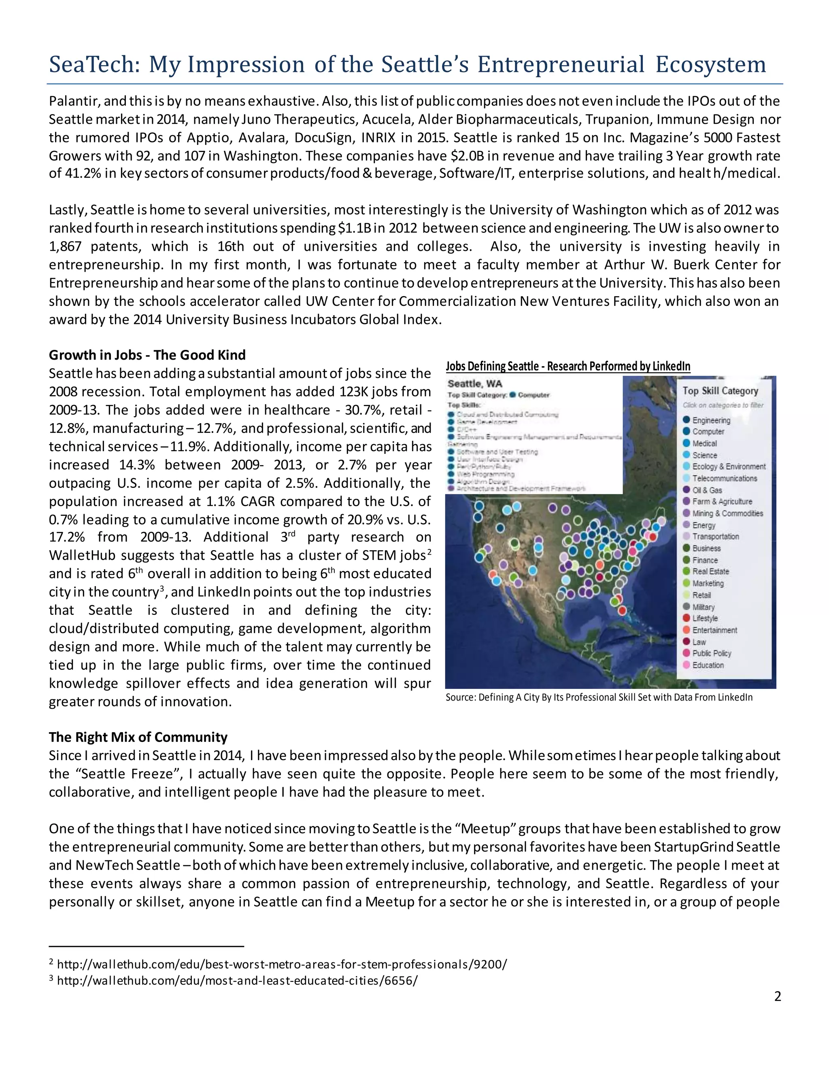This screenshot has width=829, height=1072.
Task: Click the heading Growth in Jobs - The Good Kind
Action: tap(147, 355)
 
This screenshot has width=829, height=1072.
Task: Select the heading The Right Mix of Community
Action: tap(138, 737)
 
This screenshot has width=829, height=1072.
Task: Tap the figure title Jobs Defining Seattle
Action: tap(568, 366)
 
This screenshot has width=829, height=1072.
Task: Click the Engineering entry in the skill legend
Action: tap(711, 420)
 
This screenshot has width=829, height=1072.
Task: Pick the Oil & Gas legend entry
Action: tap(707, 490)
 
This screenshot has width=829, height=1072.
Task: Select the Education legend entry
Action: tap(708, 665)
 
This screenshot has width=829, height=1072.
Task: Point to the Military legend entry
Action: tap(703, 607)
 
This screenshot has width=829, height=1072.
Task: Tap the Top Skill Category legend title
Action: tap(720, 391)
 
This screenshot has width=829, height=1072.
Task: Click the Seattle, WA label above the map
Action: tap(474, 383)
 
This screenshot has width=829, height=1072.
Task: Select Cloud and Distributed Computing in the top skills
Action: tap(507, 414)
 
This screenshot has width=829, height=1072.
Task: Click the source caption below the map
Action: tap(599, 697)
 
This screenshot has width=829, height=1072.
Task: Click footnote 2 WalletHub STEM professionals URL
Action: tap(281, 964)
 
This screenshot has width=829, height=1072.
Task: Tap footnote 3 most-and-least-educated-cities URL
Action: tap(237, 981)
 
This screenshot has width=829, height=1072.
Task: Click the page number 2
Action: tap(777, 996)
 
